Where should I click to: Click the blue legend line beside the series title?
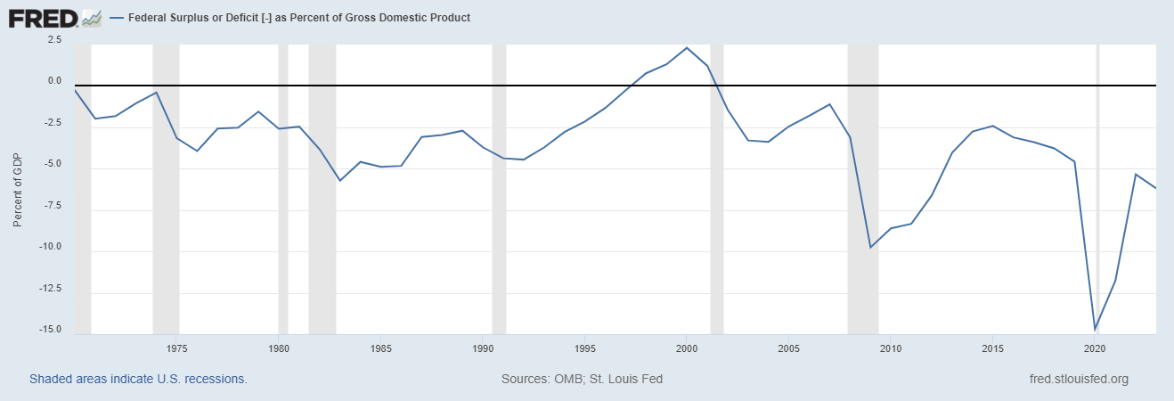(117, 18)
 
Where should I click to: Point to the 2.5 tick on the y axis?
(54, 40)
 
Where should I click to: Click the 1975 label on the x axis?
(176, 348)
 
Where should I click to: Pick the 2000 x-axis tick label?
(686, 348)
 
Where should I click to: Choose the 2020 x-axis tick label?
(1094, 348)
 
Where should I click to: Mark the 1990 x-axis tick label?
(482, 348)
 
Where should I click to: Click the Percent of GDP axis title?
(18, 189)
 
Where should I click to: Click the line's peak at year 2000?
(687, 48)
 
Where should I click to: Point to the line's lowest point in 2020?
(1095, 330)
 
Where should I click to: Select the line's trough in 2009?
(870, 247)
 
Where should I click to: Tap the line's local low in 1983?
(339, 181)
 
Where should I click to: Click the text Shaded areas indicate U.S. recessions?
(138, 379)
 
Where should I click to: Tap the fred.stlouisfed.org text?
(1078, 379)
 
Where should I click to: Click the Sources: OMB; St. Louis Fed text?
(582, 379)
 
